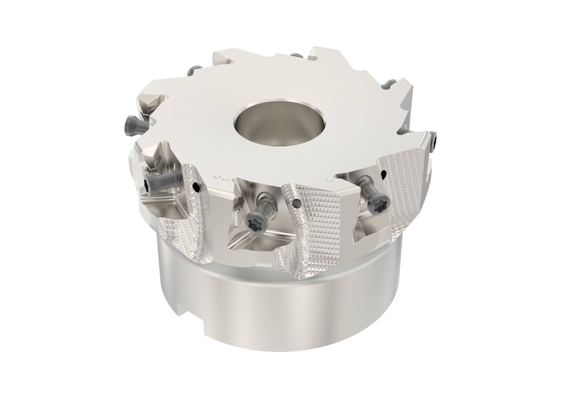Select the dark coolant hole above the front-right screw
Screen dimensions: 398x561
[384, 173]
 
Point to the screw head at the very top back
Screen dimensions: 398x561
[297, 55]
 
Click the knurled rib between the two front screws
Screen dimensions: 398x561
[302, 224]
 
